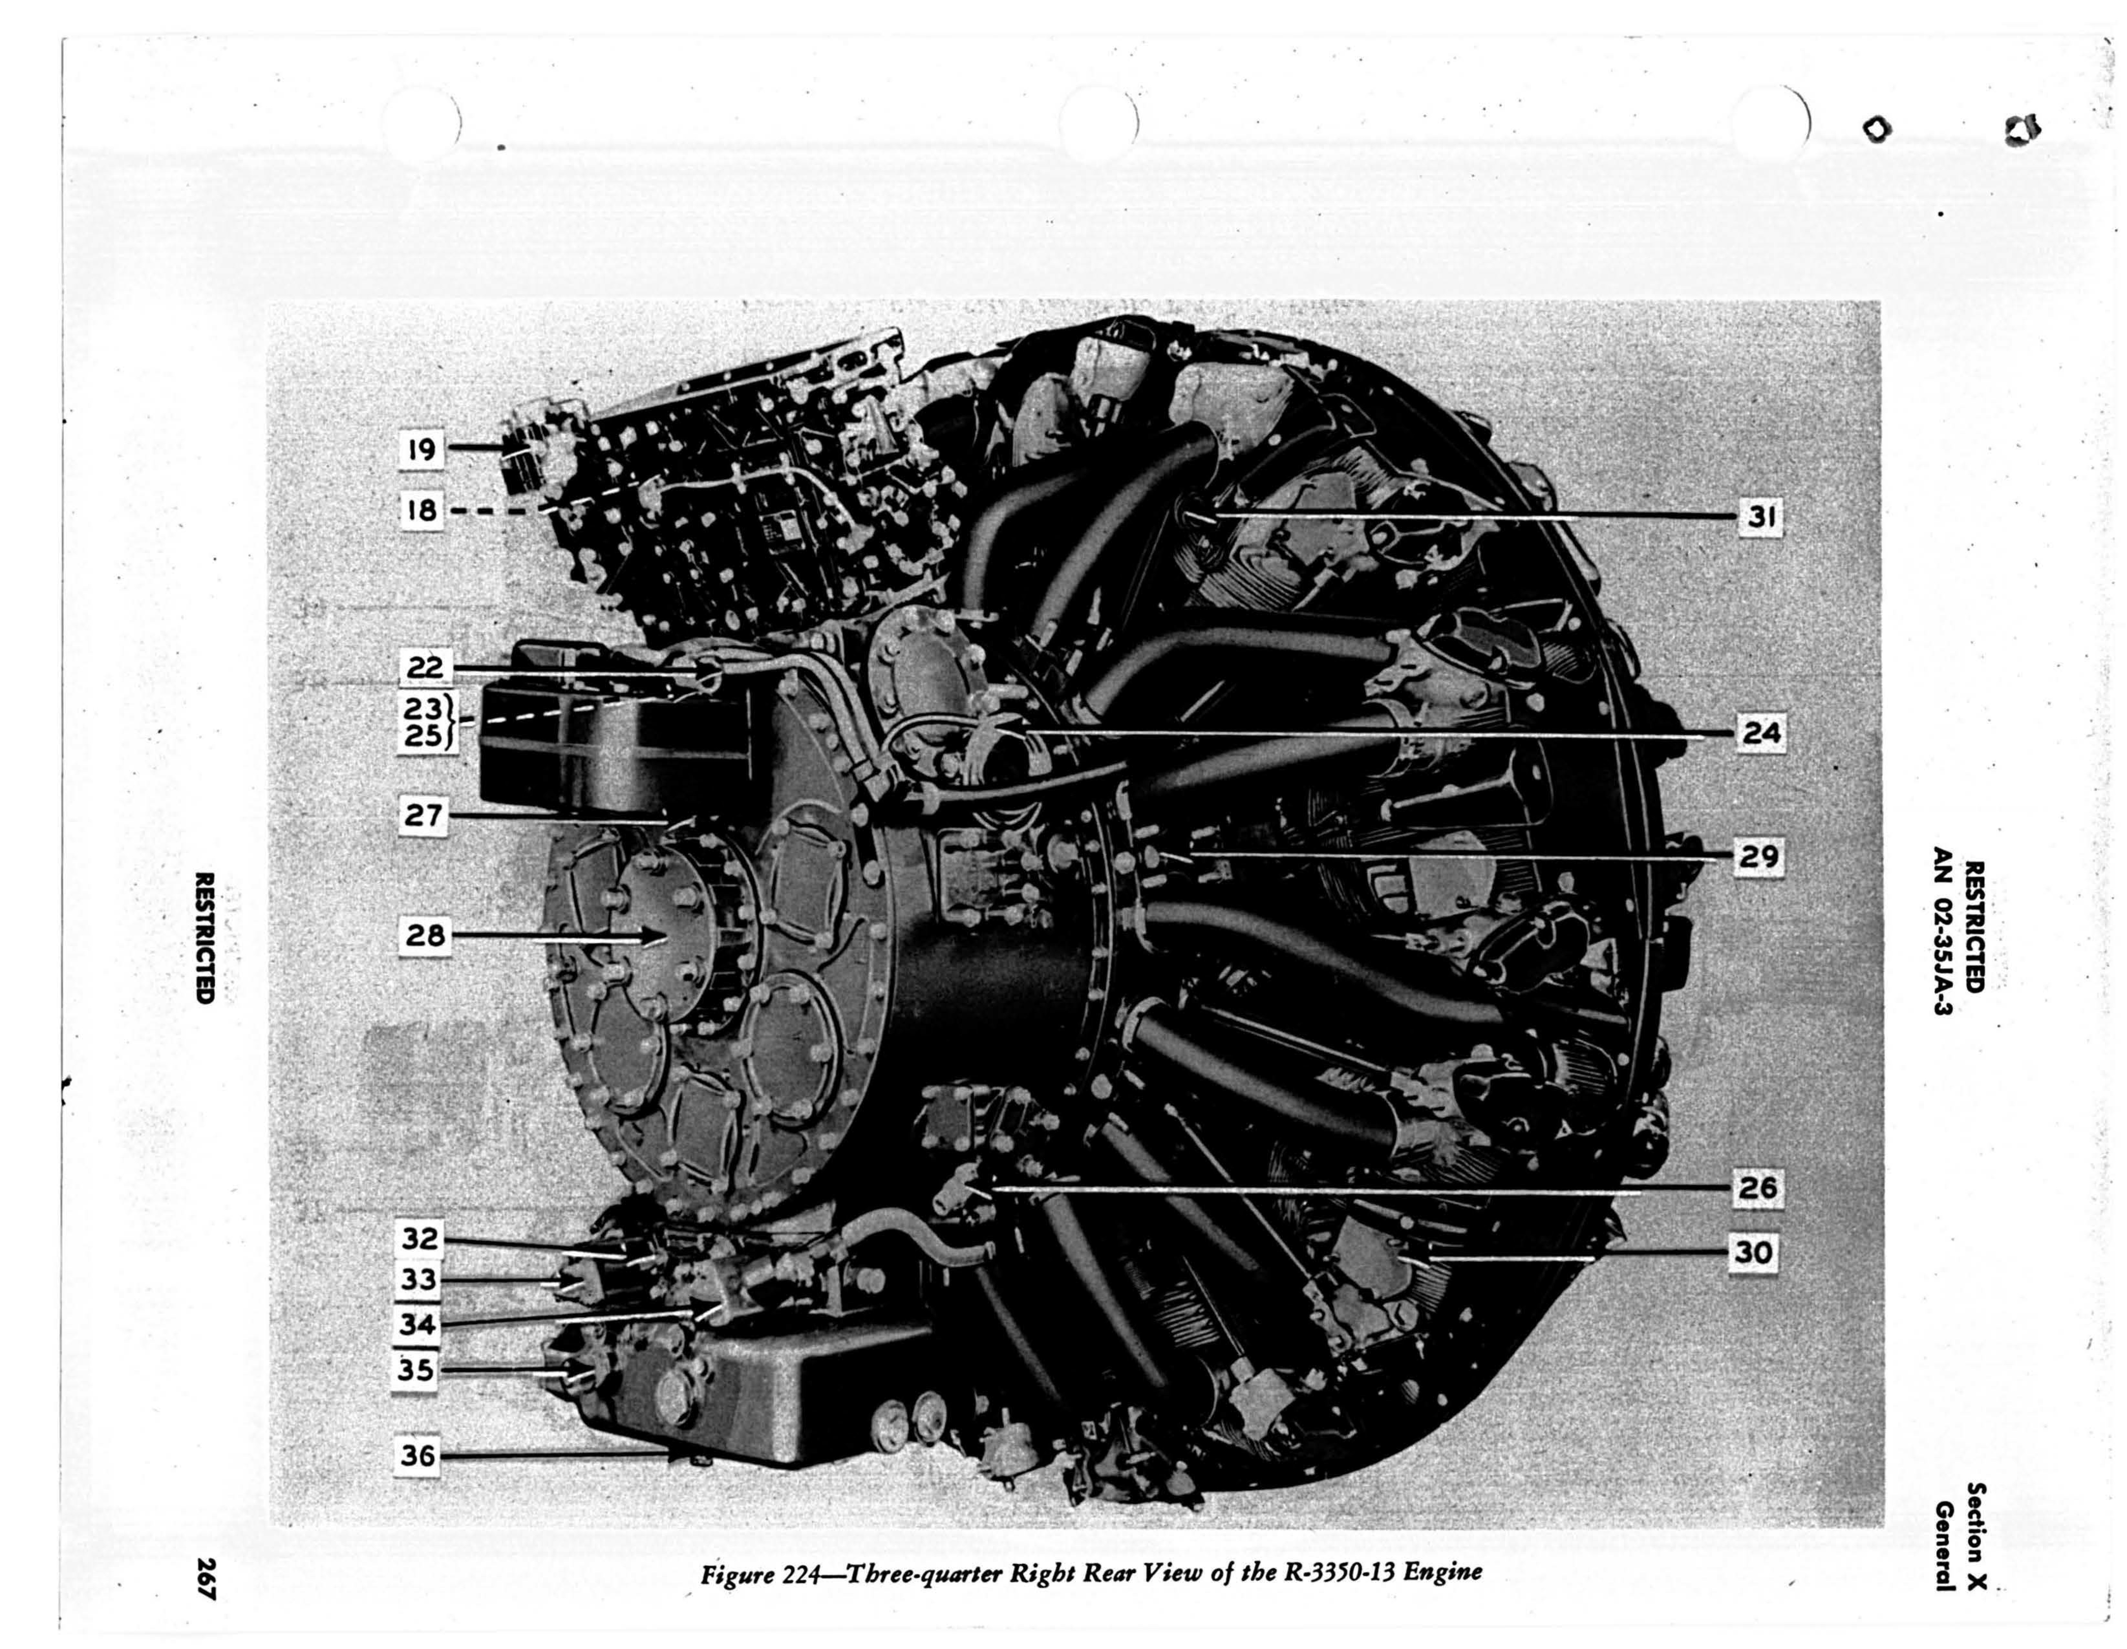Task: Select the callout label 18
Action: [x=422, y=509]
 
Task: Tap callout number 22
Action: [x=425, y=668]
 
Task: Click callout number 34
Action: [x=419, y=1325]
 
